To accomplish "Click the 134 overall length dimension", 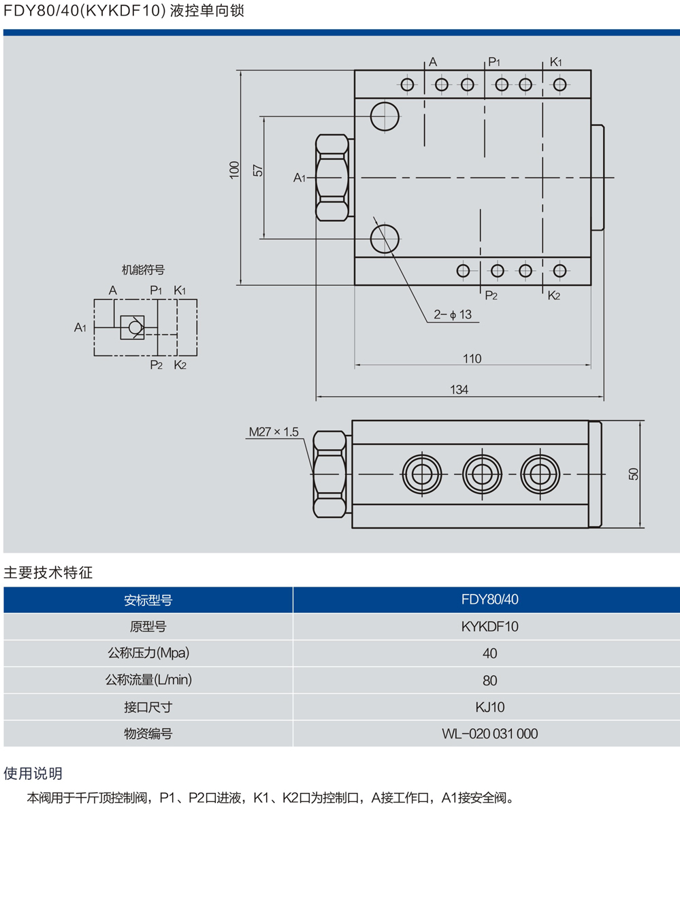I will coord(459,389).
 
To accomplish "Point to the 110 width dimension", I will coord(472,358).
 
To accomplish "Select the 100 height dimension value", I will coord(234,170).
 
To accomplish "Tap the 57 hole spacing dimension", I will coord(257,170).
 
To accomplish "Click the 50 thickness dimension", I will coord(633,474).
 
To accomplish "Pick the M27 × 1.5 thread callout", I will coord(274,431).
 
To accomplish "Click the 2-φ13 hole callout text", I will coord(453,314).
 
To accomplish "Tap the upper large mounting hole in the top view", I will coord(385,116).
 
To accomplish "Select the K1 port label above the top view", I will coord(556,62).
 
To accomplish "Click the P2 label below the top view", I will coord(491,295).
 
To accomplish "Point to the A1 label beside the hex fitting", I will coord(299,178).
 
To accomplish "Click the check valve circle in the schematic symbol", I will coord(135,327).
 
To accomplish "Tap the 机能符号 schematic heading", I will coord(143,270).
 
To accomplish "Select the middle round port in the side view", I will coord(482,474).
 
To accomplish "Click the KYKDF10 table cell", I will coord(489,626).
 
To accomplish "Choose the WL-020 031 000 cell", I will coord(489,734).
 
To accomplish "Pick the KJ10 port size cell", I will coord(489,707).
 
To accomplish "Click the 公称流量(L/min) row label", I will coord(148,680).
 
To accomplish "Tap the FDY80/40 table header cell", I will coord(489,600).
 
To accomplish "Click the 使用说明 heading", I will coord(33,773).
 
